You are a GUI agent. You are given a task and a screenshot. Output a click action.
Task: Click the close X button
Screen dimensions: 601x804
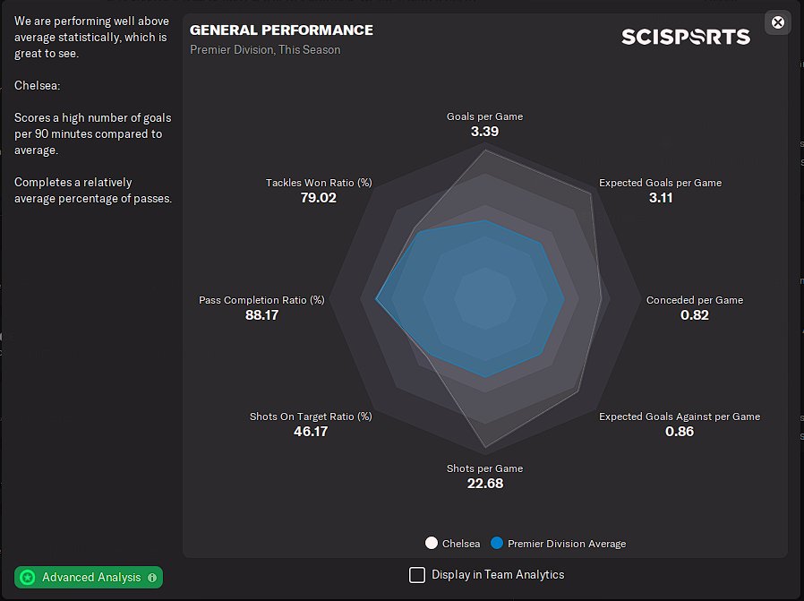(x=778, y=22)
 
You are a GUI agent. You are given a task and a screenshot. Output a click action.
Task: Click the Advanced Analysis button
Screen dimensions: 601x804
(x=88, y=578)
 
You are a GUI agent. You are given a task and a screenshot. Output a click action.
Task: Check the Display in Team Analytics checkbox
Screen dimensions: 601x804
(x=417, y=575)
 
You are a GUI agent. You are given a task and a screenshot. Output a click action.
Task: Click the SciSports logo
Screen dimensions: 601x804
(x=686, y=37)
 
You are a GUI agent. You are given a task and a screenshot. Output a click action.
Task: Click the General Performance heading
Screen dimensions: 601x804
(x=281, y=30)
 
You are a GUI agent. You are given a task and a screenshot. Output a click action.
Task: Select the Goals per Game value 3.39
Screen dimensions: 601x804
(x=484, y=132)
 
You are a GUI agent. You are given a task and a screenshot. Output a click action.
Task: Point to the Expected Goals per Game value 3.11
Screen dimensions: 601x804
(x=660, y=198)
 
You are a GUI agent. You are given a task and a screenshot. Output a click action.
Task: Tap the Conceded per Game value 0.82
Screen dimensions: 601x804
(x=694, y=315)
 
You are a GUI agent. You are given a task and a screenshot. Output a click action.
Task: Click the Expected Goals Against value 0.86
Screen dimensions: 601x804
(x=679, y=432)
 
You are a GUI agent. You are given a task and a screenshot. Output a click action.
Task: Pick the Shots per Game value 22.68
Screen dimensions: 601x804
(x=484, y=484)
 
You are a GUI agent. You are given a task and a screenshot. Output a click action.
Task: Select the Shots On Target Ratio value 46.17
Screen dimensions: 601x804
(x=311, y=432)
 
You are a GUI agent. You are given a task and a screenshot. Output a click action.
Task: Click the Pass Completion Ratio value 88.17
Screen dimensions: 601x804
(x=261, y=315)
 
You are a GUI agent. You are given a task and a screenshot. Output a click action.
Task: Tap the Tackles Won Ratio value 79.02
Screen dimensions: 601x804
(x=318, y=198)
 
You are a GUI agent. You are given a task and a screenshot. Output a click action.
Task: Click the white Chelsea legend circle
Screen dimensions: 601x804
(x=432, y=544)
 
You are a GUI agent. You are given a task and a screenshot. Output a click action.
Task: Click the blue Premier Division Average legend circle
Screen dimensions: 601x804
(x=497, y=544)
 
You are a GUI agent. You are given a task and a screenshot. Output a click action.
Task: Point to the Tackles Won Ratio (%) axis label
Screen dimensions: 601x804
(x=318, y=183)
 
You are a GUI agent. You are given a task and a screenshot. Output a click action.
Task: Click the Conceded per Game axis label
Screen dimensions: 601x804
(x=694, y=300)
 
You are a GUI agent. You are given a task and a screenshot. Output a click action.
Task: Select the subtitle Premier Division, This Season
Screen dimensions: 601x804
(x=265, y=50)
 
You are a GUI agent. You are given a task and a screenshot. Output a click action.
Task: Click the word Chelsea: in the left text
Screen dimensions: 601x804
(x=37, y=85)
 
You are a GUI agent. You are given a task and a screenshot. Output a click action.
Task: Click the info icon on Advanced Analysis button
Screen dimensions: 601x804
(x=152, y=578)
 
